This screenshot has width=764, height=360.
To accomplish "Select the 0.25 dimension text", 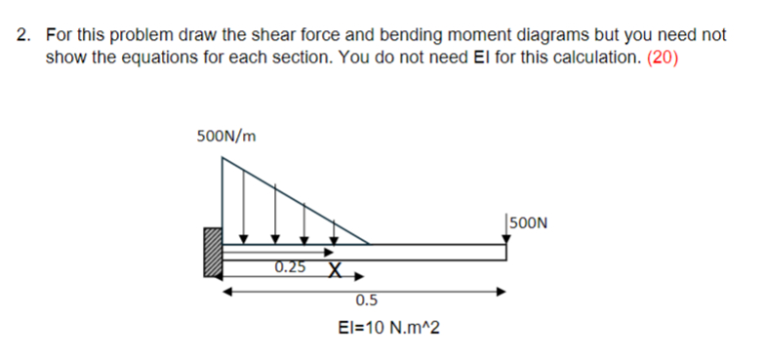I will point(289,267).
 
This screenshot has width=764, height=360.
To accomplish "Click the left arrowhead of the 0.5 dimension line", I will point(227,291).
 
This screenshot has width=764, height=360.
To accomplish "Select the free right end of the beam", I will point(505,252).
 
